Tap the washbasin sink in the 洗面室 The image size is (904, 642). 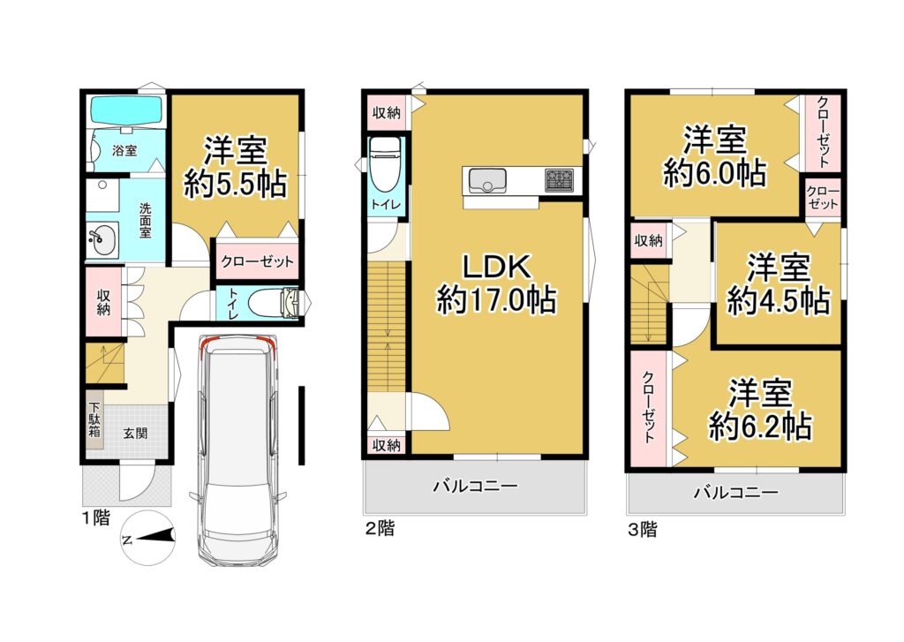[103, 237]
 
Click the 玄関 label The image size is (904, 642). [135, 433]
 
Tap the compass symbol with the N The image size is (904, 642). [145, 538]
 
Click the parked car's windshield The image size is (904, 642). [235, 367]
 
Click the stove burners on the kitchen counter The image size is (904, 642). [559, 180]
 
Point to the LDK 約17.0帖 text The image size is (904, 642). [496, 300]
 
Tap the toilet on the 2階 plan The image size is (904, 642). [384, 168]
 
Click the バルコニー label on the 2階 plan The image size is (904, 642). [474, 486]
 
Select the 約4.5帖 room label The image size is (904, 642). [778, 301]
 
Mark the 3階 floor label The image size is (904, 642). [642, 531]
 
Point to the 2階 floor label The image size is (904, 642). [380, 529]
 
